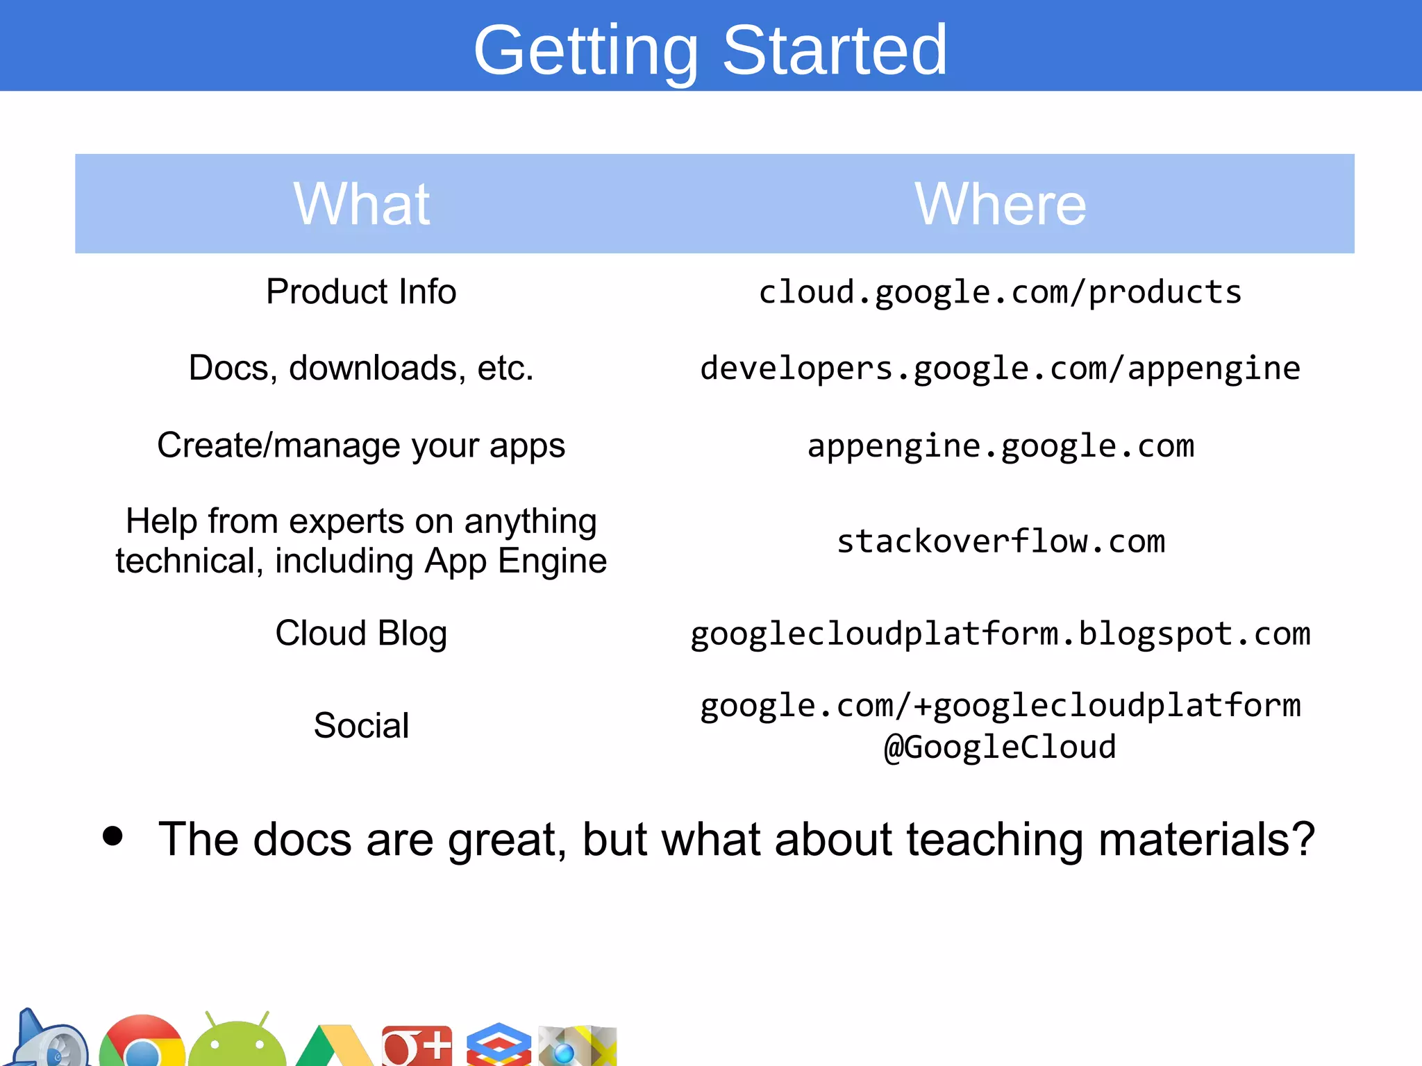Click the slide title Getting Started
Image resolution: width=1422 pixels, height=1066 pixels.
710,50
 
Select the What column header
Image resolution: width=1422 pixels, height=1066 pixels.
362,204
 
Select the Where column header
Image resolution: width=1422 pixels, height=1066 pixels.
1000,204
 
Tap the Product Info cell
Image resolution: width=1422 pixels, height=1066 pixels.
361,291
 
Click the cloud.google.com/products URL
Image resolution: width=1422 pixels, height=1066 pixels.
1000,292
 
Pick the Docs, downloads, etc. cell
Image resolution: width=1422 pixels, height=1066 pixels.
361,368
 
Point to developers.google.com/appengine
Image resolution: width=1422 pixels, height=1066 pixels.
1000,369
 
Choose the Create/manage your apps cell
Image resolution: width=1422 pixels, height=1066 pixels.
361,446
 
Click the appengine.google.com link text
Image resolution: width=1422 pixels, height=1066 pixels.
1001,446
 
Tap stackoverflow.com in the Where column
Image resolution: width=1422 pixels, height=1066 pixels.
1001,541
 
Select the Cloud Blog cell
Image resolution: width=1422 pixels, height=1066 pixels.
361,633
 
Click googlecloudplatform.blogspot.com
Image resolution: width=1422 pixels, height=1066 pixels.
1001,634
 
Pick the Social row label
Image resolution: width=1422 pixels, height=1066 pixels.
361,726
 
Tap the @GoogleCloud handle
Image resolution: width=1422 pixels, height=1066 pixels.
1000,747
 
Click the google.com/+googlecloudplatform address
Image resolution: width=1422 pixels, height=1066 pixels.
1001,706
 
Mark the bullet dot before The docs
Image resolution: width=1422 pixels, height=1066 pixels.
112,836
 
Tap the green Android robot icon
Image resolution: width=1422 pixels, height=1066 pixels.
237,1042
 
